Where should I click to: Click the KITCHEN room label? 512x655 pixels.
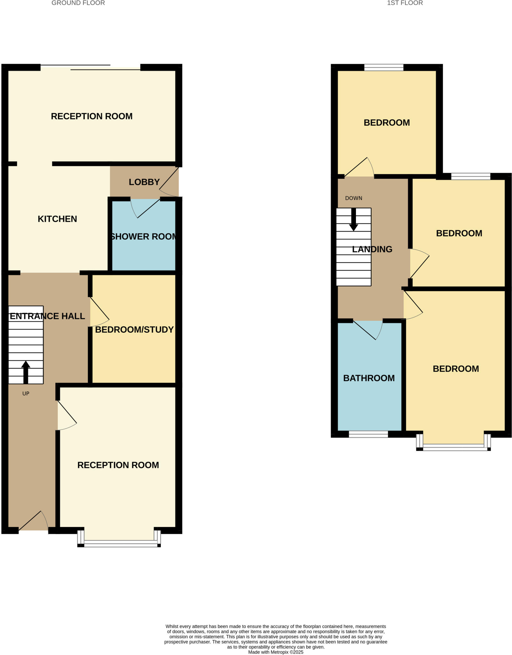tap(57, 219)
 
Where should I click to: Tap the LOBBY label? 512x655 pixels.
tap(144, 182)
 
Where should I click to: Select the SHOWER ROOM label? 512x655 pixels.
tap(143, 236)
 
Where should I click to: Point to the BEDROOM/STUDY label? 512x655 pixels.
tap(134, 329)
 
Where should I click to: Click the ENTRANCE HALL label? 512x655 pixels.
tap(47, 316)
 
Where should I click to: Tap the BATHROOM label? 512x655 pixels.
tap(369, 378)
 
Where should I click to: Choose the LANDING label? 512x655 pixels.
tap(372, 249)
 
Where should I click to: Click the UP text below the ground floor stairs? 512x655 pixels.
tap(26, 393)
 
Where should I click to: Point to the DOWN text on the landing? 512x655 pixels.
tap(354, 198)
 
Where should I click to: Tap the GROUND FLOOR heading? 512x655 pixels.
tap(78, 3)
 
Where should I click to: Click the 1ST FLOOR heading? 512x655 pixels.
tap(405, 3)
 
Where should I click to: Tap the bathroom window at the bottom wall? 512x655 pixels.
tap(368, 434)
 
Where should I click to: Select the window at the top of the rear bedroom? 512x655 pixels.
tap(384, 67)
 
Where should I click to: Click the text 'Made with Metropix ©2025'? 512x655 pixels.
tap(276, 652)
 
